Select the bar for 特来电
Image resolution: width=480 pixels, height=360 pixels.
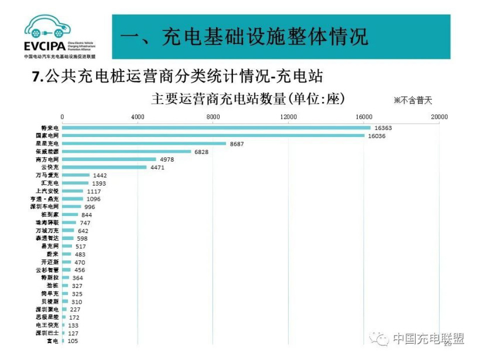pyautogui.click(x=216, y=128)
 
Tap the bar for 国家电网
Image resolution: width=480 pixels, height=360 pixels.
pyautogui.click(x=213, y=136)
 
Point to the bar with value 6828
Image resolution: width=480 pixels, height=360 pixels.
pyautogui.click(x=126, y=152)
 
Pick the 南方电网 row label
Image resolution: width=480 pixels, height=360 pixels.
pyautogui.click(x=47, y=159)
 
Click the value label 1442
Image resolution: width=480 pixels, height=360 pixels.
pyautogui.click(x=101, y=175)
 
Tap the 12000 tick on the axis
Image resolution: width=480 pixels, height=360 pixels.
pyautogui.click(x=289, y=117)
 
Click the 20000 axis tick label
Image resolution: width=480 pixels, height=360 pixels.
pyautogui.click(x=439, y=117)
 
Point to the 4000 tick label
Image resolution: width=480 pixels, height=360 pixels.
pyautogui.click(x=138, y=117)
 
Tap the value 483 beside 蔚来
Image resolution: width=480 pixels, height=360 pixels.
pyautogui.click(x=81, y=254)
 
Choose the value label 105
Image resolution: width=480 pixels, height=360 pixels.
pyautogui.click(x=73, y=341)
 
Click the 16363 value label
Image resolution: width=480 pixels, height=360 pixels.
pyautogui.click(x=384, y=128)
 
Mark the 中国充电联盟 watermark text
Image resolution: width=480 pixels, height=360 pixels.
pyautogui.click(x=428, y=338)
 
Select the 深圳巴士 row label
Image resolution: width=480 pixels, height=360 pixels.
pyautogui.click(x=47, y=333)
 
